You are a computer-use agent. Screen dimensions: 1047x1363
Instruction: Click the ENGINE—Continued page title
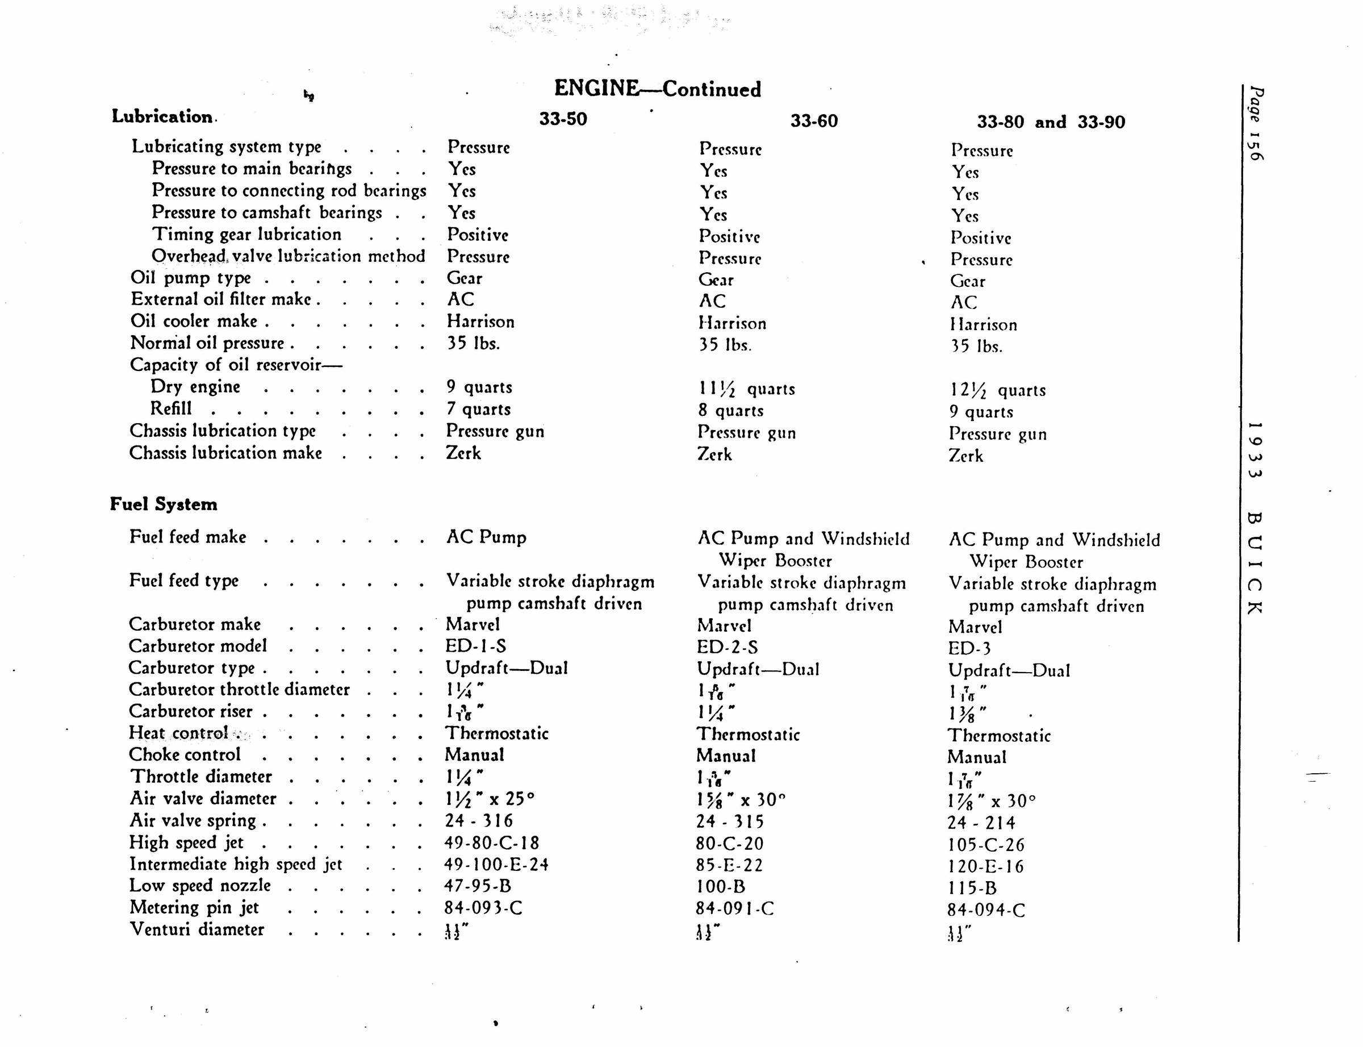657,89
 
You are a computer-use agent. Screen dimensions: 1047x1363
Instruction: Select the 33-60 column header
814,120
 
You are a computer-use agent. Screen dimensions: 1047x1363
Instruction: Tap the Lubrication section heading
162,116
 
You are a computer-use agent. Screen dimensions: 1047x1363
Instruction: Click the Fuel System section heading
164,503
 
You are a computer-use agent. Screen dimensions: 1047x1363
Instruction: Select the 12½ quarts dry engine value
997,390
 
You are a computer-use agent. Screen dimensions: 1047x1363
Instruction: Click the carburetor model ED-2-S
727,647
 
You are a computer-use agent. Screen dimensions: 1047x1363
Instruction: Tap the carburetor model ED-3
969,649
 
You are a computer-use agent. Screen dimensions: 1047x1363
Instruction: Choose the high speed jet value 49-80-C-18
491,842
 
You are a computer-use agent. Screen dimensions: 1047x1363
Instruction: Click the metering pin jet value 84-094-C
986,911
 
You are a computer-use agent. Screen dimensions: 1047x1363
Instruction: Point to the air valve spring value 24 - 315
729,821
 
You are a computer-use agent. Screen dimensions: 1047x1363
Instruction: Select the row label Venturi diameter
197,929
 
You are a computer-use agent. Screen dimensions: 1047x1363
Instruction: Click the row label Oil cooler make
194,321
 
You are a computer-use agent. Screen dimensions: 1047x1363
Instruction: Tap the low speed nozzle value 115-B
972,888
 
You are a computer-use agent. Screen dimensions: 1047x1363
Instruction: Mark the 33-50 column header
562,119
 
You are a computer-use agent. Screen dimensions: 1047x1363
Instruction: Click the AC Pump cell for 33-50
486,537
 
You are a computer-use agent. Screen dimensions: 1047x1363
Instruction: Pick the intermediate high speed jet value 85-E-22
729,865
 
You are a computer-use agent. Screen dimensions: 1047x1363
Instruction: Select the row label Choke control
185,754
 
